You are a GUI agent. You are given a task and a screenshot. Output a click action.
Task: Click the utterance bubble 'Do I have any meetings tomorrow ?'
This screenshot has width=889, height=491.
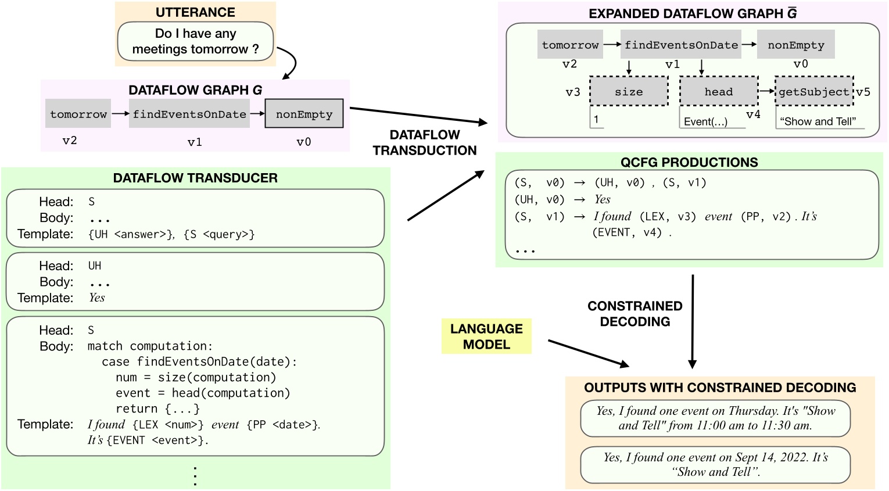click(x=195, y=41)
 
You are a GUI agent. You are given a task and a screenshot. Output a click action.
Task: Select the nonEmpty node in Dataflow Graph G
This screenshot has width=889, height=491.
click(x=304, y=114)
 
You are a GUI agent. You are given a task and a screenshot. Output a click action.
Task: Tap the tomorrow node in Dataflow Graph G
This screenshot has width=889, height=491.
click(x=78, y=114)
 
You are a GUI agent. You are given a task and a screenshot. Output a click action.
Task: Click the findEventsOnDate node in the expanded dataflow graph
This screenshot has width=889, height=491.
click(x=681, y=45)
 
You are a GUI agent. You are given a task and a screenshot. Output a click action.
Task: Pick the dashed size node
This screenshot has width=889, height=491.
click(x=629, y=91)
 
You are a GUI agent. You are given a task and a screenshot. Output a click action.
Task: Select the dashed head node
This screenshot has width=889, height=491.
click(x=719, y=91)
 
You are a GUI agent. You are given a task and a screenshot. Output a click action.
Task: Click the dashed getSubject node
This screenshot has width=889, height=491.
click(x=813, y=91)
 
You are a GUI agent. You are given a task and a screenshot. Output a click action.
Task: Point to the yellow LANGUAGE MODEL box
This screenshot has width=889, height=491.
click(x=486, y=336)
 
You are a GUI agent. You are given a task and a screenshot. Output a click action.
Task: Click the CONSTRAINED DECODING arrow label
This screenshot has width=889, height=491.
click(x=635, y=314)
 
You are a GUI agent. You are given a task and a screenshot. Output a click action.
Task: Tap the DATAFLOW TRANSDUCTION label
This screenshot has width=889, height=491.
click(x=425, y=142)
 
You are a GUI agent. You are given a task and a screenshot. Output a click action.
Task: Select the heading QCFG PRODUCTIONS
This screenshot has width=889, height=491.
click(x=689, y=162)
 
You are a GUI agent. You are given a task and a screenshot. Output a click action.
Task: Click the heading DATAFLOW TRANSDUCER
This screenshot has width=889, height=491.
click(x=195, y=178)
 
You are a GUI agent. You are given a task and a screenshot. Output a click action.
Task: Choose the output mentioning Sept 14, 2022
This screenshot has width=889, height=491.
click(x=715, y=464)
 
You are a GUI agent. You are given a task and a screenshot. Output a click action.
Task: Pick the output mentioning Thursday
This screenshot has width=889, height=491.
click(x=715, y=418)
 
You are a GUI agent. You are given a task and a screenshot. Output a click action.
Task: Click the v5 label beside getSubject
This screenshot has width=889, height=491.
click(x=863, y=92)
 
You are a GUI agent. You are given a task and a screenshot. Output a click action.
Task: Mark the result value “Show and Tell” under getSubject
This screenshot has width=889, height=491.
click(x=818, y=121)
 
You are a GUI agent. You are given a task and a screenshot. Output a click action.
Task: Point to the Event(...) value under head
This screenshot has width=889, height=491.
click(x=705, y=121)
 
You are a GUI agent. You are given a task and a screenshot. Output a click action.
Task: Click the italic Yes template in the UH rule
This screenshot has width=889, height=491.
click(x=97, y=298)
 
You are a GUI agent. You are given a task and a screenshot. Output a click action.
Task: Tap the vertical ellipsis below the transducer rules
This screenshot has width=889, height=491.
click(x=195, y=476)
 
